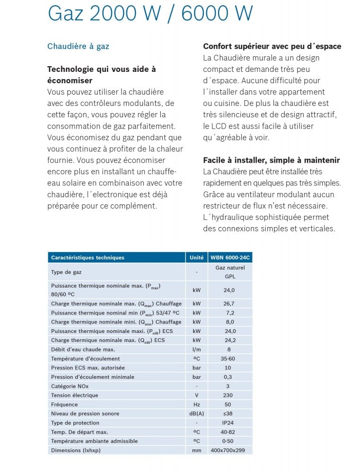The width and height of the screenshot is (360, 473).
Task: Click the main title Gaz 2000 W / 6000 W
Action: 150,14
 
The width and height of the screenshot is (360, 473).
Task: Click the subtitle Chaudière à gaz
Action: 78,46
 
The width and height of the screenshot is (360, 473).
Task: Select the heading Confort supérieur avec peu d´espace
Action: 272,46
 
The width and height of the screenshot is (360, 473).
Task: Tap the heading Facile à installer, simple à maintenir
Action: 271,160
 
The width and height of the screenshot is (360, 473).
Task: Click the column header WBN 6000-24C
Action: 230,258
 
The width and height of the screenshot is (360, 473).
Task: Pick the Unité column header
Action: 196,258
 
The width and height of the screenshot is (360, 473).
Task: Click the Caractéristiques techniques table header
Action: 88,258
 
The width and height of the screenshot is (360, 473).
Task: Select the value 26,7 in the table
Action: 229,304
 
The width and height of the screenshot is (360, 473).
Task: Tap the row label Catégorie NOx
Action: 70,386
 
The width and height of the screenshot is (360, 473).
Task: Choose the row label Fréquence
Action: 64,404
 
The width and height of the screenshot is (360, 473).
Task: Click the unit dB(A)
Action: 197,413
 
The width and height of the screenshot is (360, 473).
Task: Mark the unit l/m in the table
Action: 197,350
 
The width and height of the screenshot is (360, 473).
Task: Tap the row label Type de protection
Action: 75,423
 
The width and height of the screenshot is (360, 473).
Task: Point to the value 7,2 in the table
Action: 229,313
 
